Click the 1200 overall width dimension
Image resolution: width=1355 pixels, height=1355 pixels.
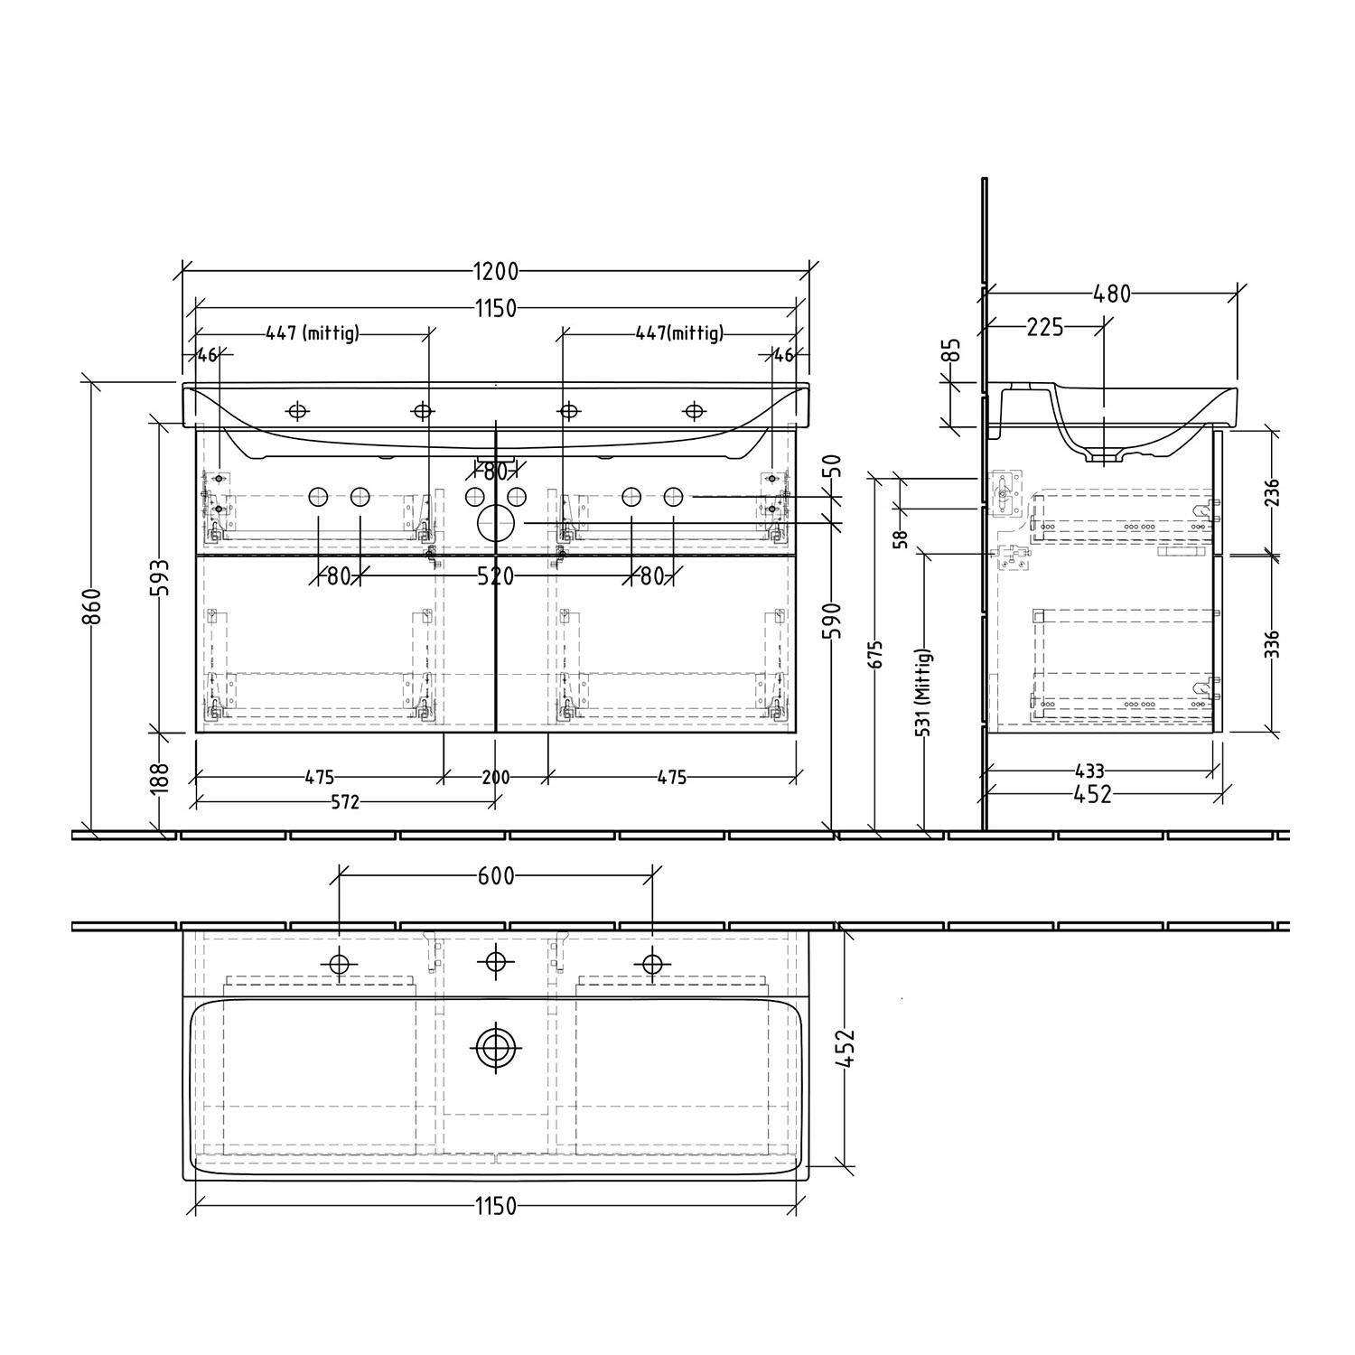495,271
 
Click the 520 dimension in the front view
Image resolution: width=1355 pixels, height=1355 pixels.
495,576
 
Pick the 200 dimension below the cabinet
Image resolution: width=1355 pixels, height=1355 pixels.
495,777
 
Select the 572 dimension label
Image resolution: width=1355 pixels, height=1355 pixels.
343,801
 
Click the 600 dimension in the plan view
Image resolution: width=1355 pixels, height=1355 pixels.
495,875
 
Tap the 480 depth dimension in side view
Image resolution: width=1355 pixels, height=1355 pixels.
1112,294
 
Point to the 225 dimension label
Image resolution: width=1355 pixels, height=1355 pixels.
1045,327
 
